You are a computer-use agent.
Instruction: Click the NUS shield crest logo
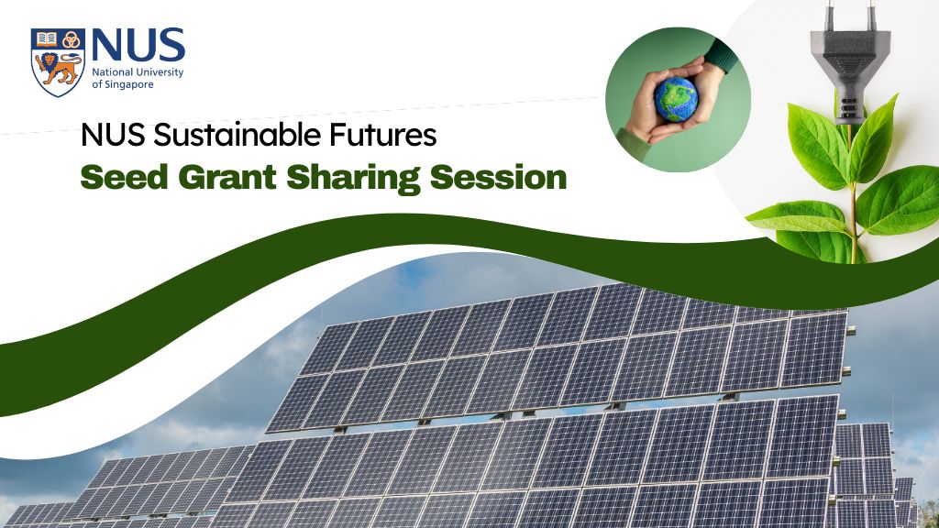pos(58,61)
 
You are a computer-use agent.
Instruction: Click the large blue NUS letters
pos(138,46)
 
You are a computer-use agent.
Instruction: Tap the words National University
pos(138,71)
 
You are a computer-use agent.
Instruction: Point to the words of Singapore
pos(123,84)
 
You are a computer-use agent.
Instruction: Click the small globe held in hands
pos(676,98)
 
